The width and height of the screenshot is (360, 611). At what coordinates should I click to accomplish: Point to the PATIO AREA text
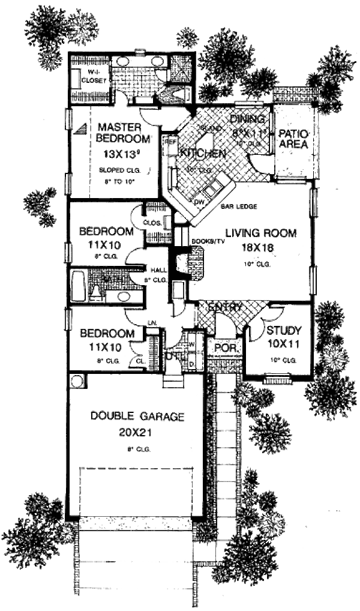click(x=293, y=139)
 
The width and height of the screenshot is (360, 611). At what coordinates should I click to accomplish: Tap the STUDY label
click(x=283, y=331)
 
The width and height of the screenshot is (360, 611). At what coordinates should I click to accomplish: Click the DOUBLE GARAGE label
click(x=137, y=415)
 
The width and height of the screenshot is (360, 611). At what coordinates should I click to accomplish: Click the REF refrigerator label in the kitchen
click(x=170, y=142)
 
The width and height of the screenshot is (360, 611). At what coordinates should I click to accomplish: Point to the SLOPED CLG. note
click(x=118, y=170)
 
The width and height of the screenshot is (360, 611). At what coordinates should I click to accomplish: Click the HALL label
click(x=158, y=269)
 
